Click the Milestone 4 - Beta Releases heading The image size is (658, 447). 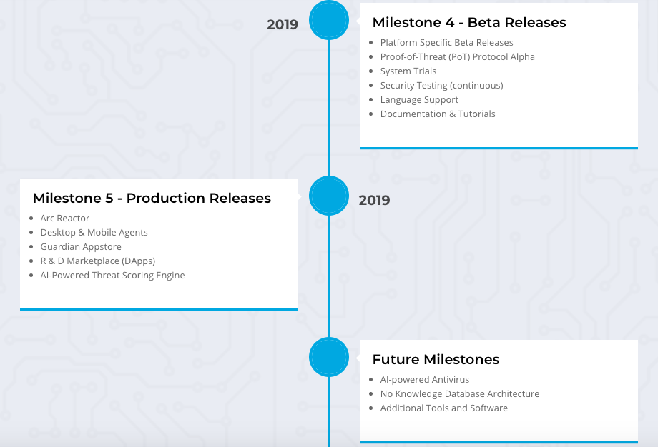point(469,22)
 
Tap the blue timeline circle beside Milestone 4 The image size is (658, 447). point(329,20)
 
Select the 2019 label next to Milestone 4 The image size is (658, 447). point(283,25)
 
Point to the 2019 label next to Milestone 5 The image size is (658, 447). point(374,200)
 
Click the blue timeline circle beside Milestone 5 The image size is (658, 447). point(329,196)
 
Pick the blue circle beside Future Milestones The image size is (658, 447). point(329,357)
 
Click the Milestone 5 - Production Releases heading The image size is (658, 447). point(152,198)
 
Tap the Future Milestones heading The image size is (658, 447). point(436,359)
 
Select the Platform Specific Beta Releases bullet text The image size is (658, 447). point(446,43)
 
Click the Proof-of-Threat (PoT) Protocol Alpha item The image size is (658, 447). point(458,57)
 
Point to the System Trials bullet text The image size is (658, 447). point(408,71)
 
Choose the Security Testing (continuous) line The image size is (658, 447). point(441,86)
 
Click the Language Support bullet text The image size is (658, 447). point(419,100)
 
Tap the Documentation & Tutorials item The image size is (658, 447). point(438,114)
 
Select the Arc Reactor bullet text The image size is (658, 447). point(64,219)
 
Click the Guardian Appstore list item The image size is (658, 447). point(81,247)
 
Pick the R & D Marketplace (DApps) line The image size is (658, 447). point(98,261)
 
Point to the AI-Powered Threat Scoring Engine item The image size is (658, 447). point(112,275)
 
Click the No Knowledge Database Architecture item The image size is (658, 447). point(459,393)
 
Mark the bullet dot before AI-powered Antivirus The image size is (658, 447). point(371,380)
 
